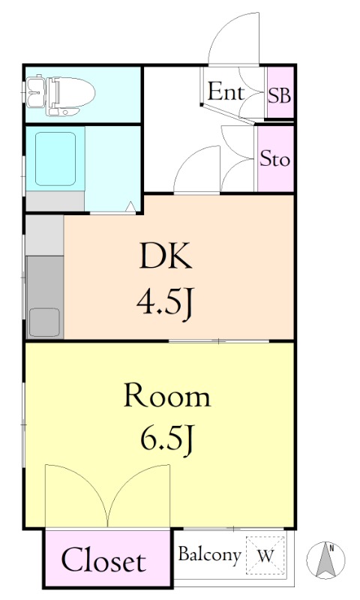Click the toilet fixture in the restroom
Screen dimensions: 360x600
(61, 96)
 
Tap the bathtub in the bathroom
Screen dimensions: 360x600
(55, 159)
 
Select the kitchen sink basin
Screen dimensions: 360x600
(45, 322)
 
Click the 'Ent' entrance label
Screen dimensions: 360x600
(226, 91)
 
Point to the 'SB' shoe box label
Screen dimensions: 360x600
(280, 95)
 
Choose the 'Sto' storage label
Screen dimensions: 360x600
(274, 158)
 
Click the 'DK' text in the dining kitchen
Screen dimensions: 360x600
(166, 256)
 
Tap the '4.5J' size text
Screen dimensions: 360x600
(164, 304)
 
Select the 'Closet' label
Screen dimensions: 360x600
(103, 560)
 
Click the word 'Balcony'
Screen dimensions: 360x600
(210, 554)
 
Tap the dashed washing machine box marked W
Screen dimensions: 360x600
(265, 555)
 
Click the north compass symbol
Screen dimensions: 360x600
(325, 560)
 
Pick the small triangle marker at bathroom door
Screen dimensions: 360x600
(130, 206)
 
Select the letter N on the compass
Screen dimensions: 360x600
(332, 549)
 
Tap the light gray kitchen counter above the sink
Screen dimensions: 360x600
(45, 235)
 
